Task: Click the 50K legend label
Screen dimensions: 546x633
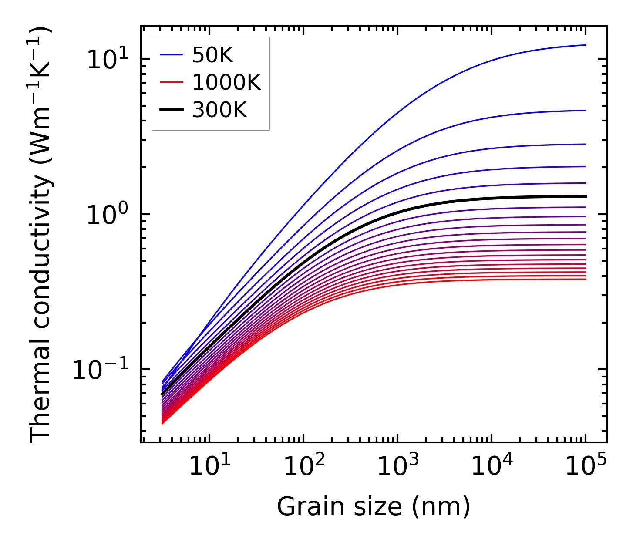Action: [212, 55]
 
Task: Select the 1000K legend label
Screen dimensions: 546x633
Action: [226, 83]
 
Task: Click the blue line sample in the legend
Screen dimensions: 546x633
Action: [173, 55]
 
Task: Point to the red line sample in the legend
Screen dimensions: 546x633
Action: [173, 83]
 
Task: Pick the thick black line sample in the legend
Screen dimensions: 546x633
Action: [173, 110]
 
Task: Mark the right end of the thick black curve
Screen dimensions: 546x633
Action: [586, 196]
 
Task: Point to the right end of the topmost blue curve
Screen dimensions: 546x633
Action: [586, 45]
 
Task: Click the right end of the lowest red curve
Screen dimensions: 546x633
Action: [586, 279]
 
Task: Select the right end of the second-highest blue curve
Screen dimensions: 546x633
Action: [586, 111]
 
